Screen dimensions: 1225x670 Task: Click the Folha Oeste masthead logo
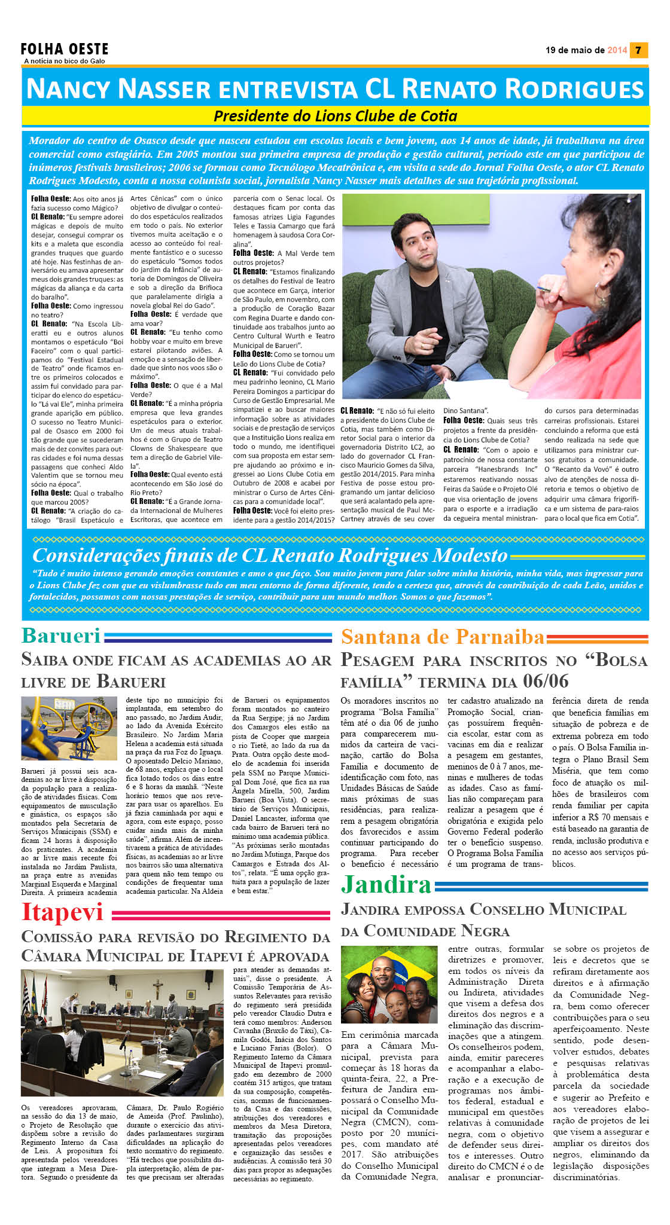point(65,49)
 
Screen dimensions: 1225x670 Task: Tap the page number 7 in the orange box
point(639,50)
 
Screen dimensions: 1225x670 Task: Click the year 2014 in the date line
point(617,50)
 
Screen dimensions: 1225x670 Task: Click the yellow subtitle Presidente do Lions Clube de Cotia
point(335,115)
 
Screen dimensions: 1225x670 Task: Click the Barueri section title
point(61,636)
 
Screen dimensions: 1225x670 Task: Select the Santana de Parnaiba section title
point(443,637)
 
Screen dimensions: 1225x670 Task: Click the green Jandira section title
point(386,885)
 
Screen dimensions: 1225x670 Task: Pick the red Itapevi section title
point(62,912)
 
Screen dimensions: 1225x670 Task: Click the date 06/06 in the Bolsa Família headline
point(546,681)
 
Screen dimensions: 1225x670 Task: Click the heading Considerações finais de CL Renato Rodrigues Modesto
point(270,555)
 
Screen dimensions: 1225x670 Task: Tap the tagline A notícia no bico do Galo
point(65,61)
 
